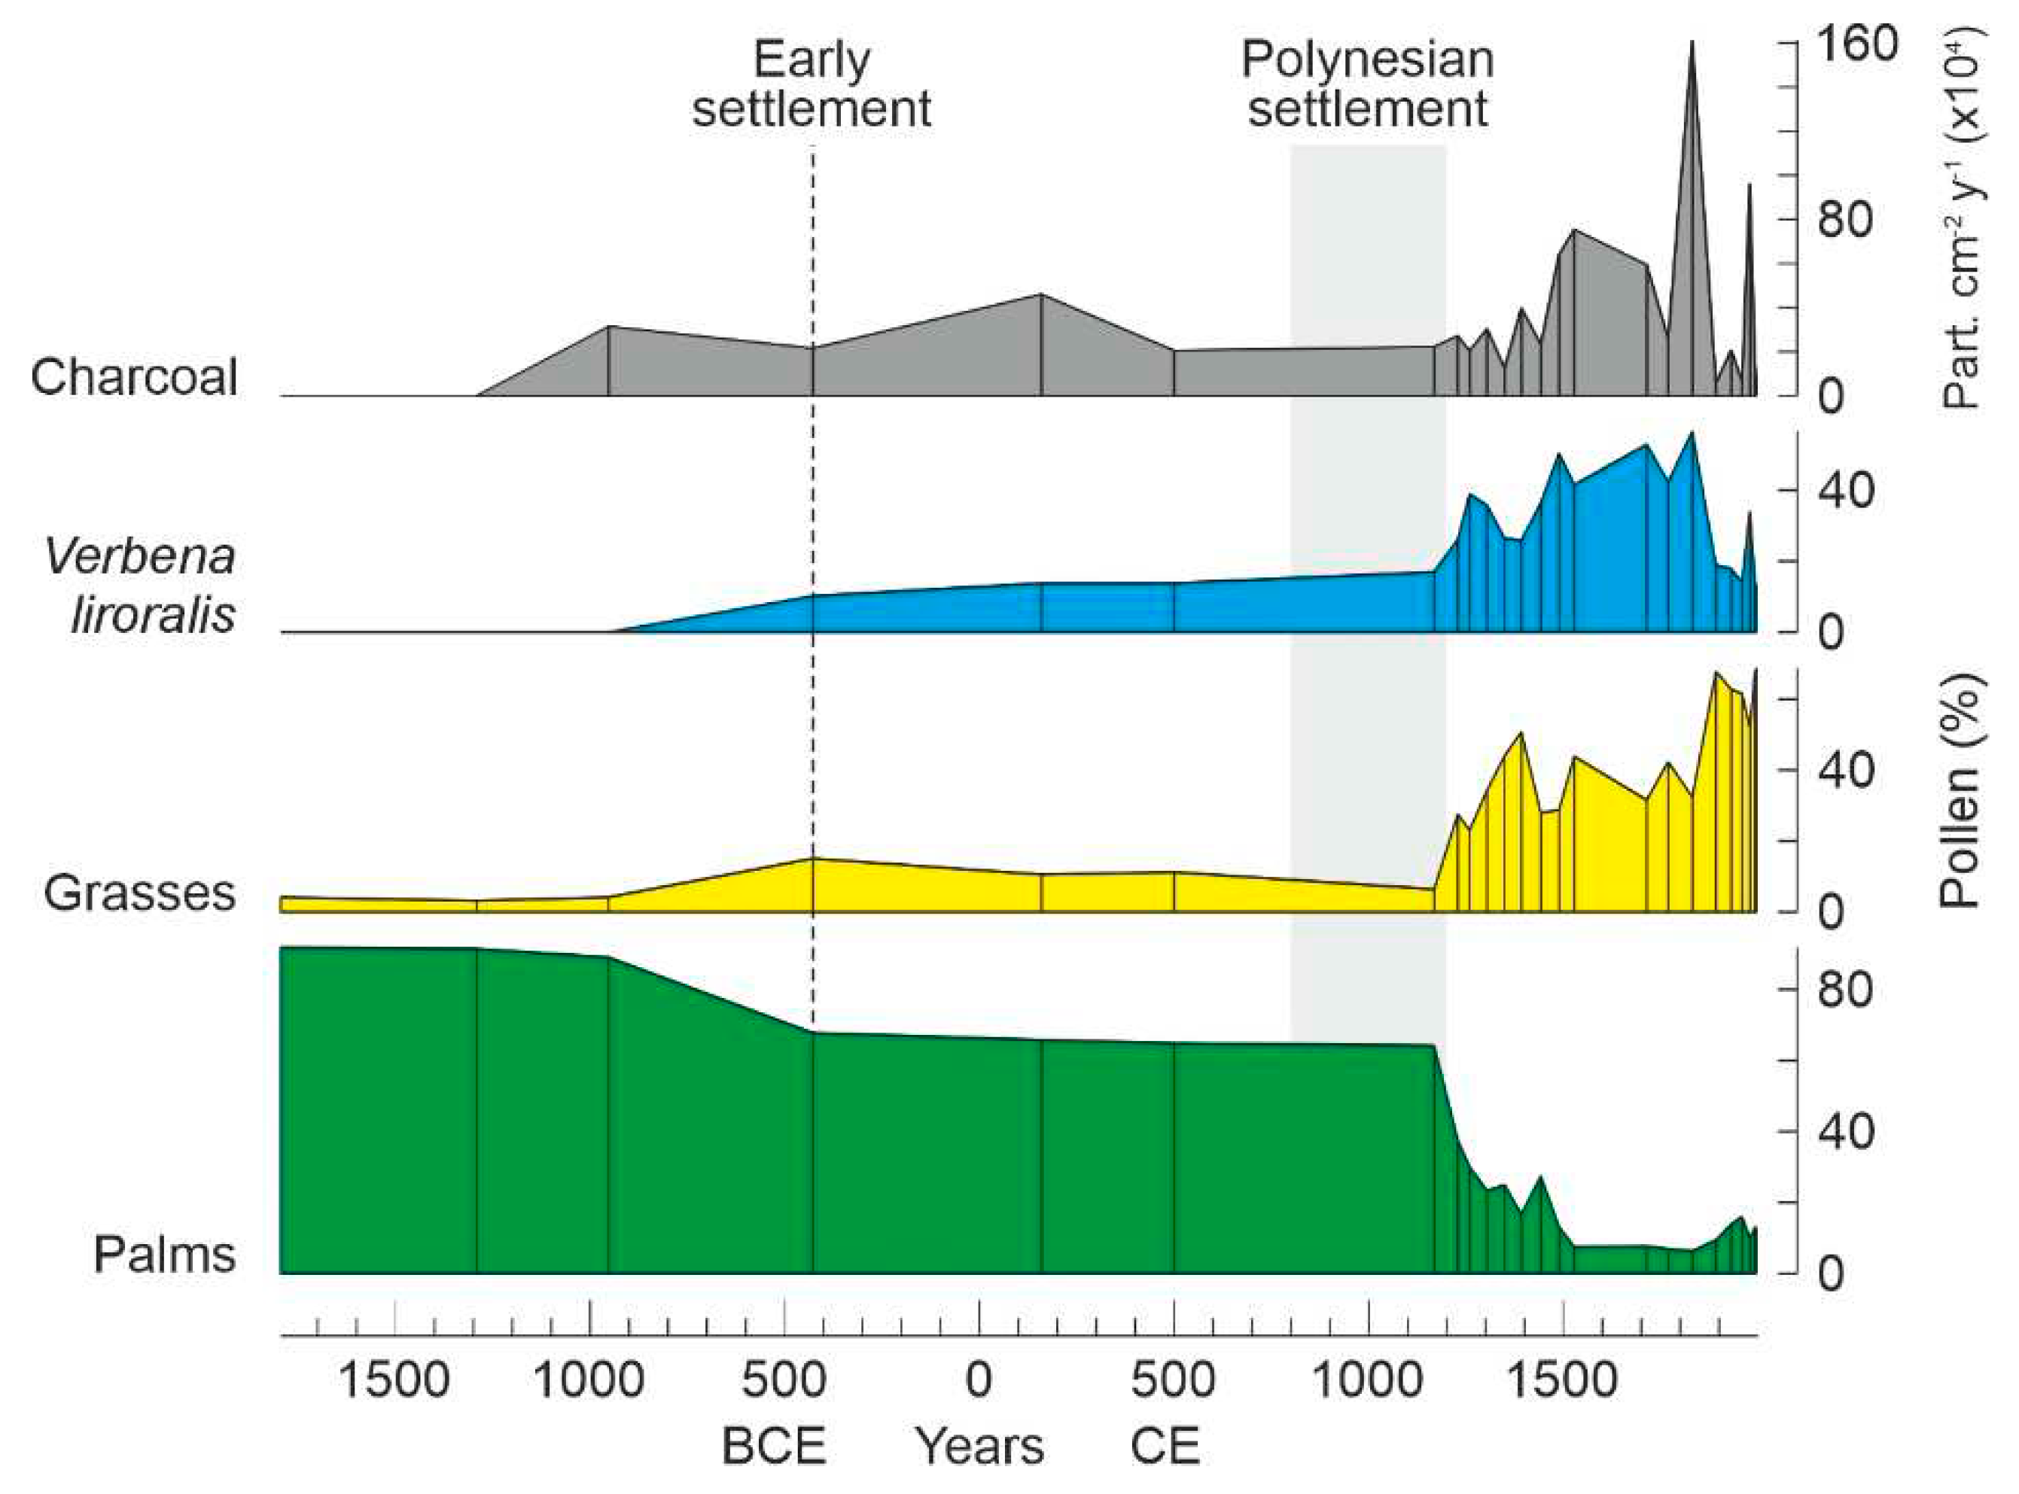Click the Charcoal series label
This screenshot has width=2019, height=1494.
[134, 376]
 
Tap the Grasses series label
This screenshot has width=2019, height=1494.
[139, 893]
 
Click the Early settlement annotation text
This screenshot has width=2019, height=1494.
[812, 85]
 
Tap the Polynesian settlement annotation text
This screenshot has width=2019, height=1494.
[1367, 85]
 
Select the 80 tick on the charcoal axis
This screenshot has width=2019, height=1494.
[1844, 220]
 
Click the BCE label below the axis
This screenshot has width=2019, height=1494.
[773, 1445]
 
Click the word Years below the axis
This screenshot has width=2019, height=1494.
[981, 1445]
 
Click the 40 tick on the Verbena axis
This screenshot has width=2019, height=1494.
[1844, 491]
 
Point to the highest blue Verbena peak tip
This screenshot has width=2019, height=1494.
[1692, 434]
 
